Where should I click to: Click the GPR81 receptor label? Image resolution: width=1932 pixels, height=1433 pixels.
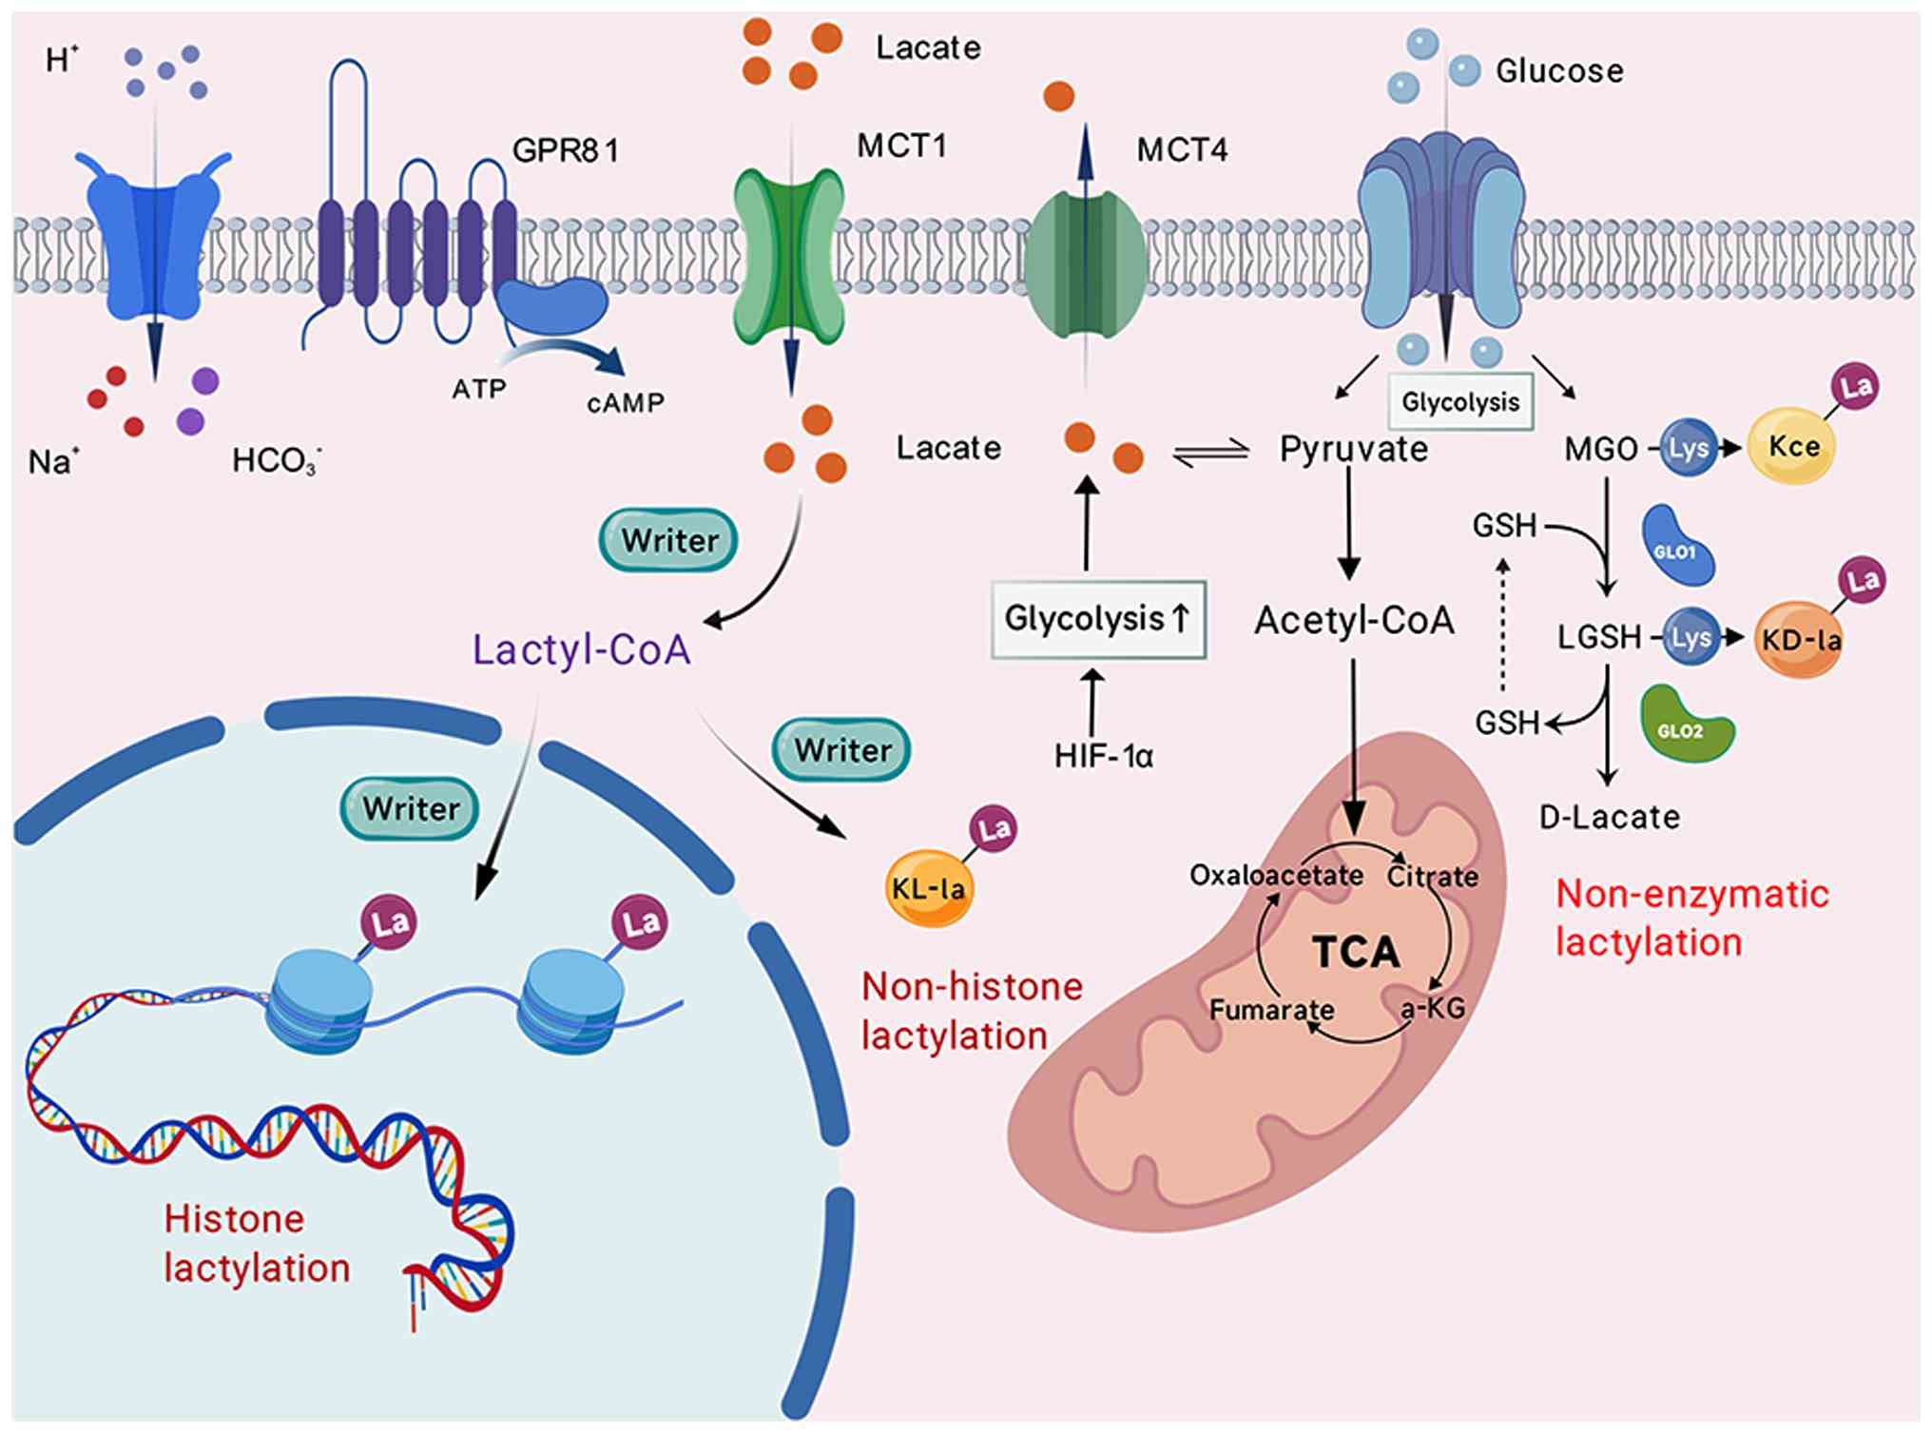[x=565, y=150]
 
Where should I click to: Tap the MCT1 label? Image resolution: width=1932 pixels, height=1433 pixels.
[x=901, y=145]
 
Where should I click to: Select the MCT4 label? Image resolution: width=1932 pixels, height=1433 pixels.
[x=1182, y=150]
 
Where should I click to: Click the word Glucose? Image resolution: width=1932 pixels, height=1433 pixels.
[x=1559, y=70]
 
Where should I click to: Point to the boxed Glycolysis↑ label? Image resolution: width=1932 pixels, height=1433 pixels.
[x=1098, y=619]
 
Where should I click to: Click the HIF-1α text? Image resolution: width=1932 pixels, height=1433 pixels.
[x=1103, y=756]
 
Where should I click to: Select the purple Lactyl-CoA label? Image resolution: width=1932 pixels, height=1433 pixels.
[x=582, y=650]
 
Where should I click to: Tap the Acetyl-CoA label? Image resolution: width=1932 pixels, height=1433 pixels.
[x=1354, y=620]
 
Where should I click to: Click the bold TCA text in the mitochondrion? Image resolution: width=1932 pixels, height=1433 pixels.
[x=1356, y=952]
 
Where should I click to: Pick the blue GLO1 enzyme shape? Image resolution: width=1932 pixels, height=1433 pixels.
[x=1677, y=548]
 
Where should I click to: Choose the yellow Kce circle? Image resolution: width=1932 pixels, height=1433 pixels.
[x=1792, y=447]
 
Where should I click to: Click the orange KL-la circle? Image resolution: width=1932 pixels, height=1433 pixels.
[x=929, y=889]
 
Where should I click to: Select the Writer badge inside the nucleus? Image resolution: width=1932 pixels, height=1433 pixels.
[x=410, y=809]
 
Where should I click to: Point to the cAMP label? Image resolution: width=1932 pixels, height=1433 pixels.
[x=625, y=403]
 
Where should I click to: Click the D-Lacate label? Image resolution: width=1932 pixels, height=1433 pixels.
[x=1610, y=817]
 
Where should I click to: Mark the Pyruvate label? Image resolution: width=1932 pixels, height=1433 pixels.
[x=1353, y=449]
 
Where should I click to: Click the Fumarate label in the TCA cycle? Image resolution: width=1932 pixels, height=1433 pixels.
[x=1271, y=1009]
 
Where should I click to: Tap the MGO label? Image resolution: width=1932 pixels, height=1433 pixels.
[x=1601, y=449]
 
